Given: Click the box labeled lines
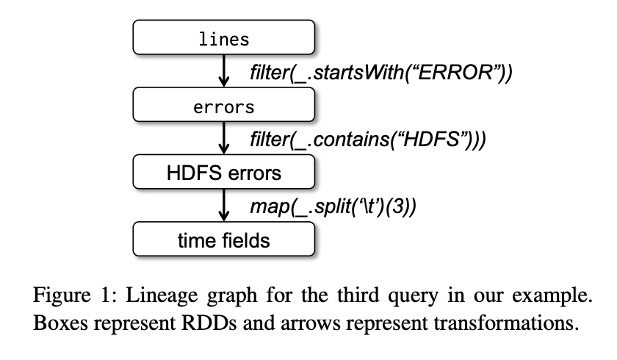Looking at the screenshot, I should (x=223, y=39).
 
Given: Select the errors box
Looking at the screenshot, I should (x=223, y=107).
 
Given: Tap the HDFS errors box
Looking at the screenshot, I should (x=223, y=173).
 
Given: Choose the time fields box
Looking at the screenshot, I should (x=223, y=240).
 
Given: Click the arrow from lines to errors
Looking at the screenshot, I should (x=223, y=72).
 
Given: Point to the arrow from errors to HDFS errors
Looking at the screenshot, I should (x=223, y=140).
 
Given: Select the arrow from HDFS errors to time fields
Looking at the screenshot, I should (x=223, y=206).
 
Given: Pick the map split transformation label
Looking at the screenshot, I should (x=335, y=206).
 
